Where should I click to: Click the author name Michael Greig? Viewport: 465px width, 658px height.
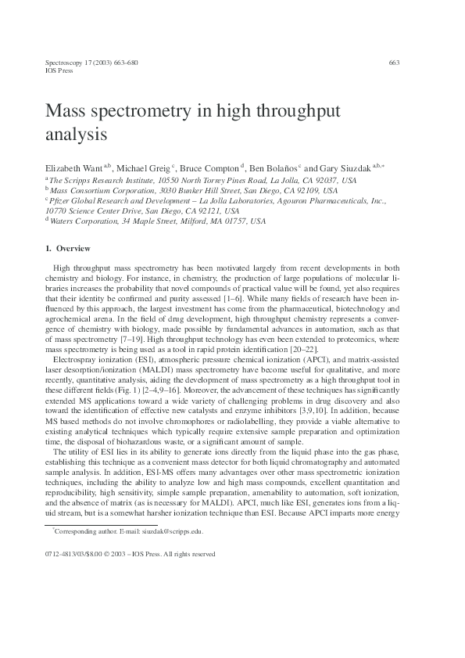point(146,168)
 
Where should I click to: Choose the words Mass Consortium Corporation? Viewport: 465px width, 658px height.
point(99,190)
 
